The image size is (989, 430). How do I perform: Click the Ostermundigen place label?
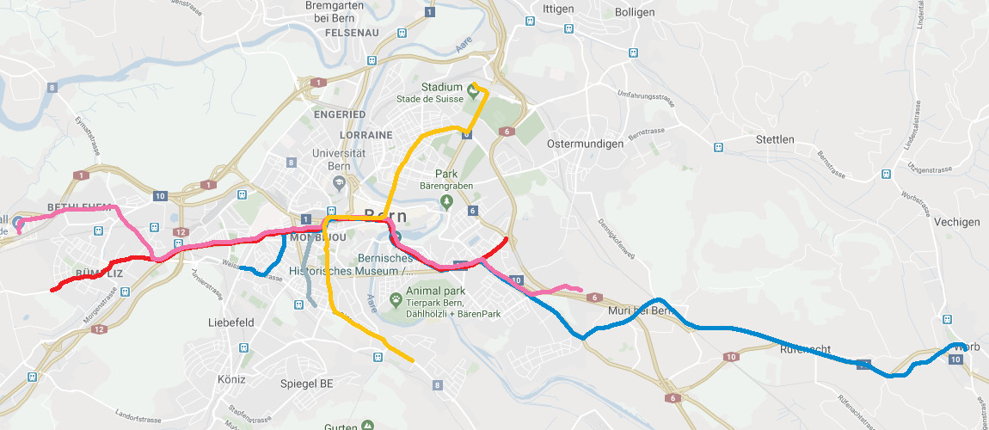[585, 144]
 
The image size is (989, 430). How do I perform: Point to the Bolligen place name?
[635, 12]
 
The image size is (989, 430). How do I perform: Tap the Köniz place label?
[231, 379]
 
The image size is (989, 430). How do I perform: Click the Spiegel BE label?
[307, 384]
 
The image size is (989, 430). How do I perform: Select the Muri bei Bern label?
[637, 310]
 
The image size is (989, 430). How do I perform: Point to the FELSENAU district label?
[352, 33]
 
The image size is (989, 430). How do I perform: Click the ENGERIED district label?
[340, 114]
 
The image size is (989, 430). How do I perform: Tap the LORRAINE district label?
[365, 135]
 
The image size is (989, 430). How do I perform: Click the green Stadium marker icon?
[471, 89]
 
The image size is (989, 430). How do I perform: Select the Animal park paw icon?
[396, 300]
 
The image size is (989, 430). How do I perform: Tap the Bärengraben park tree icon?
[445, 202]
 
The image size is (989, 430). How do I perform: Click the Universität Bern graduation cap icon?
[338, 182]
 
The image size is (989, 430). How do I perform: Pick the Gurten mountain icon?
[368, 425]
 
